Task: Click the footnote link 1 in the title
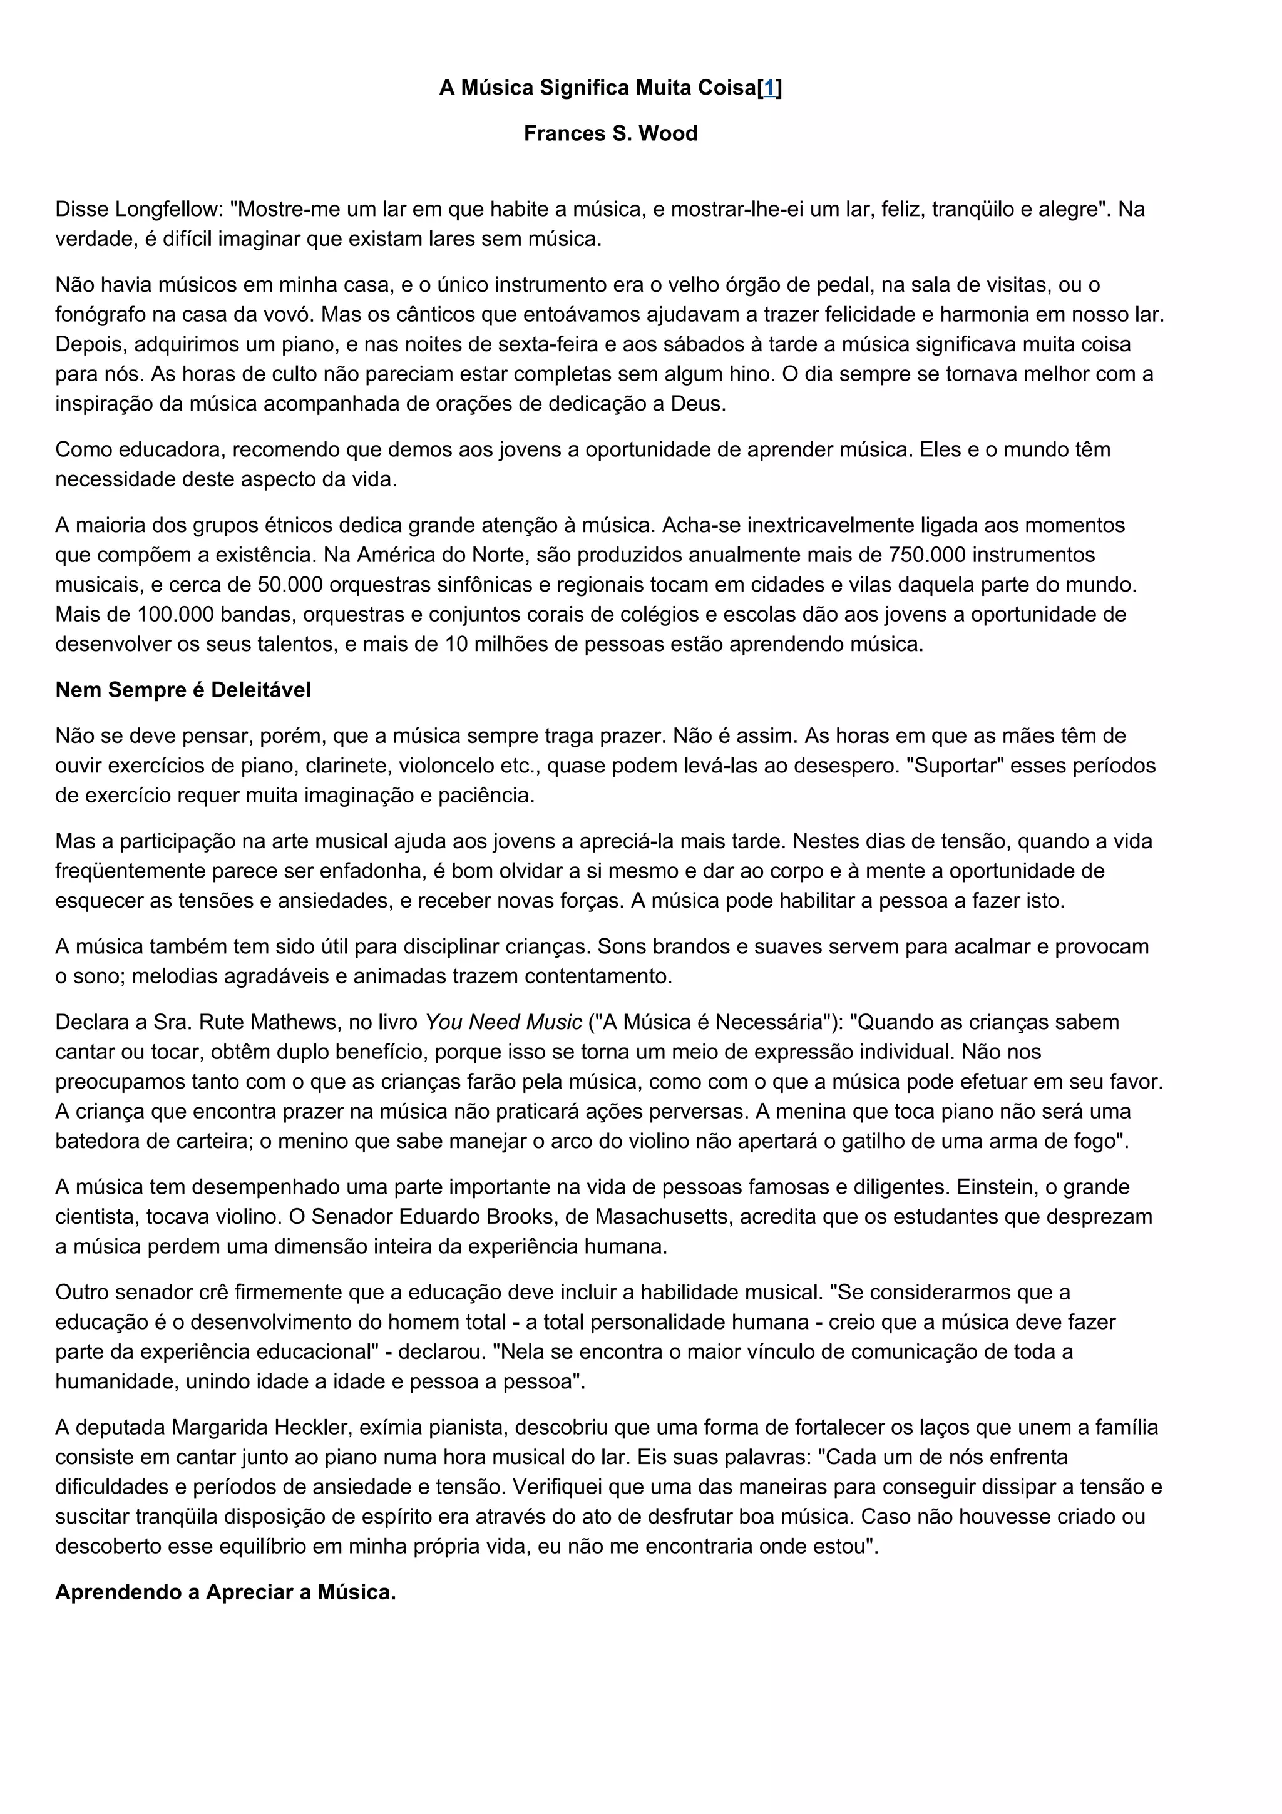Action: pyautogui.click(x=769, y=88)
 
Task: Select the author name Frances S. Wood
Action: pyautogui.click(x=610, y=133)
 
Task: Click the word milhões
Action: pyautogui.click(x=521, y=644)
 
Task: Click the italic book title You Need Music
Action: pyautogui.click(x=503, y=1022)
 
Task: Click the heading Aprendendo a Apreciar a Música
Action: pyautogui.click(x=225, y=1592)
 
